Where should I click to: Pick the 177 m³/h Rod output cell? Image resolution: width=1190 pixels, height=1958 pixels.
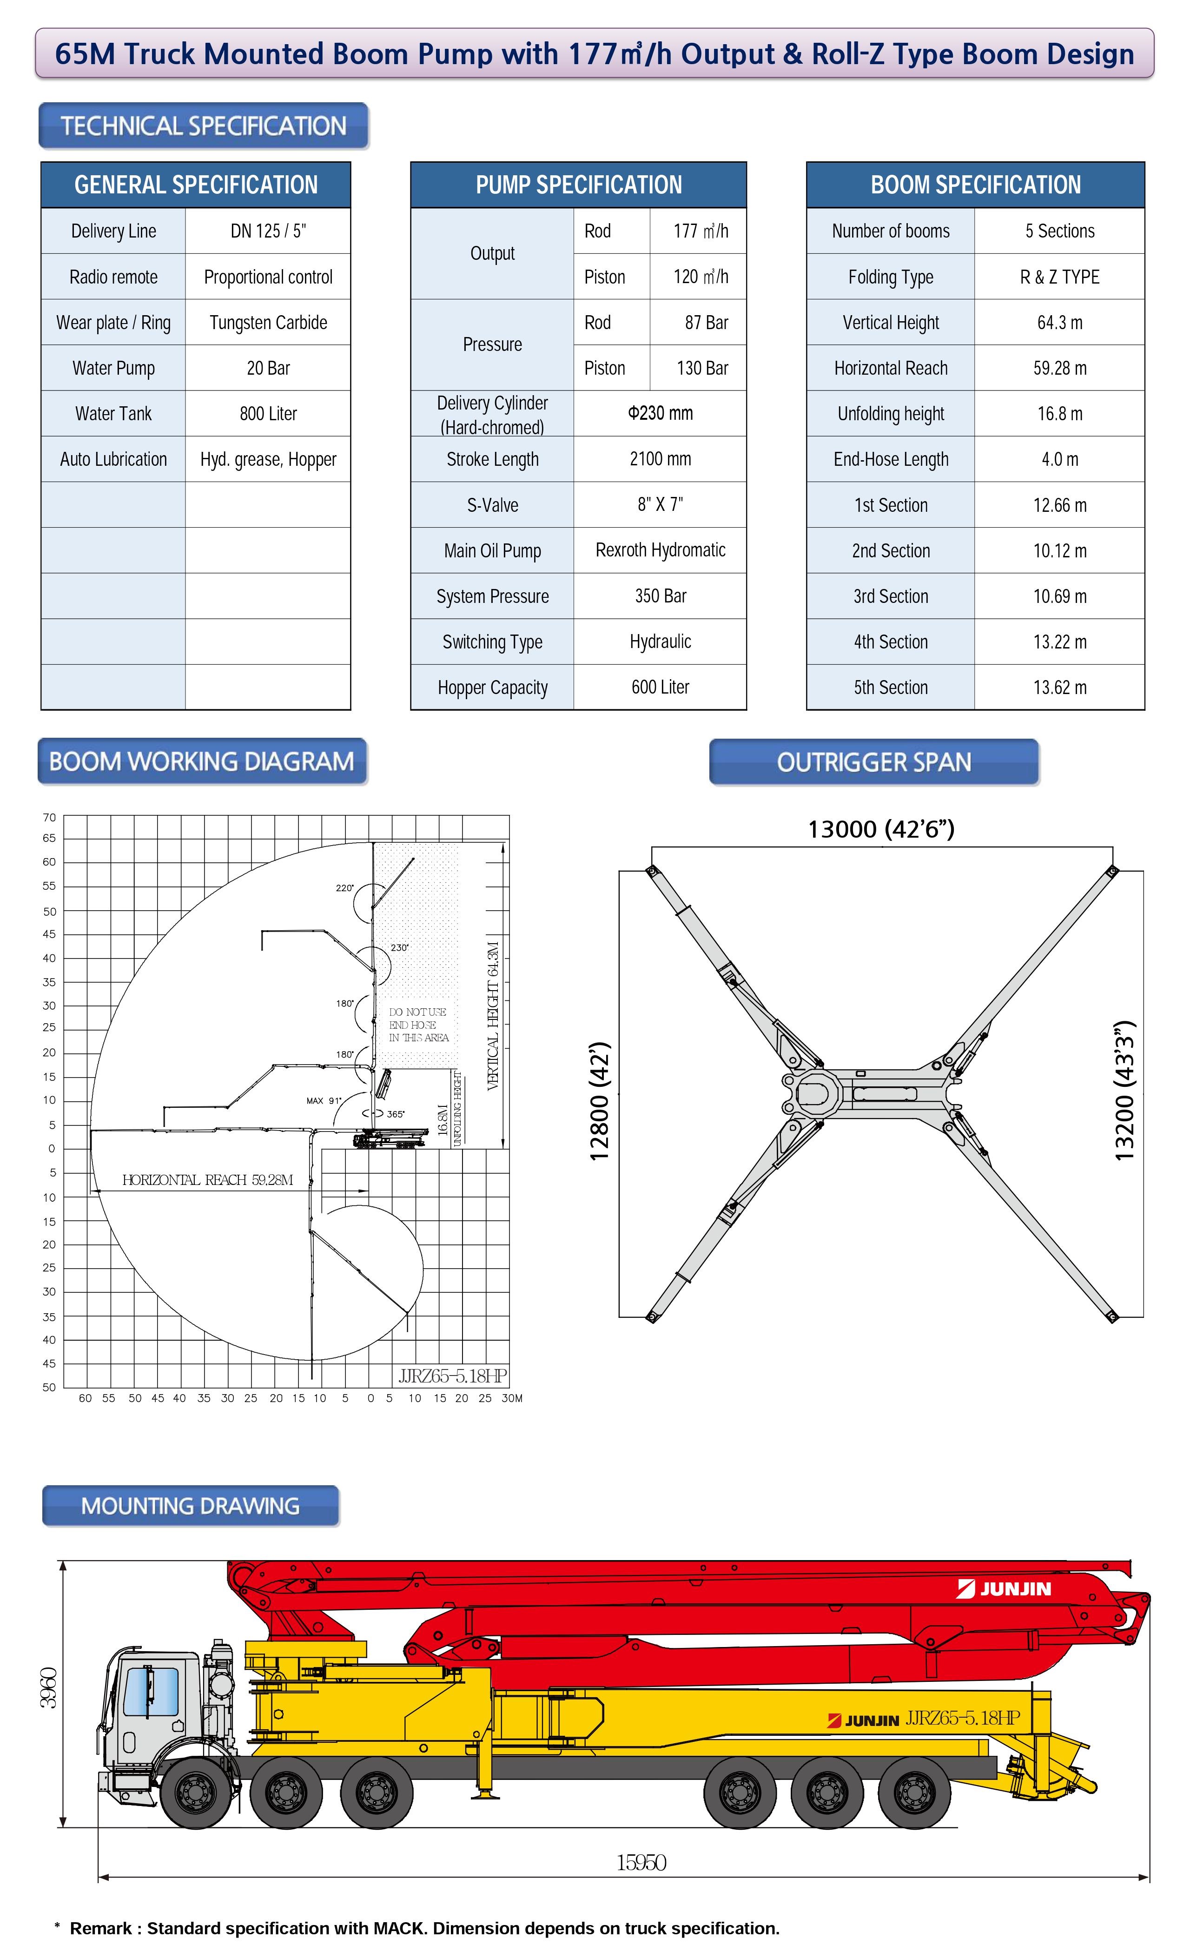click(x=700, y=231)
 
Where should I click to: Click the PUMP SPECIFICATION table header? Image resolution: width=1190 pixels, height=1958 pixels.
click(x=578, y=185)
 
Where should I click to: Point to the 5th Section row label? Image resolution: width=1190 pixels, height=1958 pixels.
click(x=891, y=688)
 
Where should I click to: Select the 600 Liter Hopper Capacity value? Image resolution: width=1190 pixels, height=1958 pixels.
click(x=660, y=688)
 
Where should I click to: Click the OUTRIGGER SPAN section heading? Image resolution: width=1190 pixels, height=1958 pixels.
click(x=874, y=762)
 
